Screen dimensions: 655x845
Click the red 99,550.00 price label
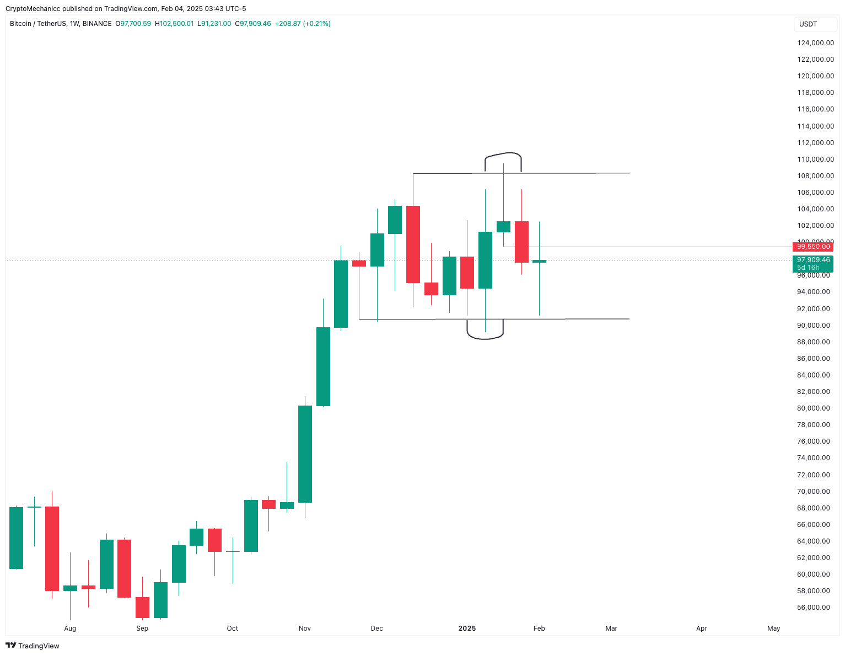pos(813,247)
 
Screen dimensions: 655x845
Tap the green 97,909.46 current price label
pos(813,260)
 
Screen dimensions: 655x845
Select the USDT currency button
pos(808,24)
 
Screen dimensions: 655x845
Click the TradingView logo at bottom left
pos(33,646)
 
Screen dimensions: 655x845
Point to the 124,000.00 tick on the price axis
pos(815,43)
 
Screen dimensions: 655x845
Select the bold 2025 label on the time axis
pos(467,629)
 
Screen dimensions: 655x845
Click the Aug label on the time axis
pos(70,629)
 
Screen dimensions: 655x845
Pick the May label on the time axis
pos(773,629)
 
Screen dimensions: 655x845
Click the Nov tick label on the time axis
pos(304,629)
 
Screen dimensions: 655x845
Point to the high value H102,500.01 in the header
pos(174,24)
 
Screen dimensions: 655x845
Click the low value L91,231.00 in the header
pos(214,24)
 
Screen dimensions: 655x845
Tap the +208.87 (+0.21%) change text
pos(303,24)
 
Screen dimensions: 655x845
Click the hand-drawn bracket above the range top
pos(503,154)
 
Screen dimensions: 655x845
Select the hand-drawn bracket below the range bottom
pos(485,337)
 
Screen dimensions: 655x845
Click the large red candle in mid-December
pos(413,244)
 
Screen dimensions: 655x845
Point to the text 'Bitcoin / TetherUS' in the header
pos(38,24)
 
